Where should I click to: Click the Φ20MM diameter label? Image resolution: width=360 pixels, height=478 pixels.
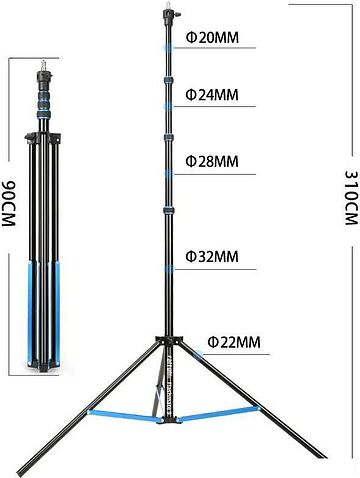click(212, 38)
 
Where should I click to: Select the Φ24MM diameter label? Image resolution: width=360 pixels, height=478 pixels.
click(212, 95)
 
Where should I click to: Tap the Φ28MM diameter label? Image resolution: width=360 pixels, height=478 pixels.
click(212, 161)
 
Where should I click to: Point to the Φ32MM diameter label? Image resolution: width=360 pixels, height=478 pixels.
click(212, 257)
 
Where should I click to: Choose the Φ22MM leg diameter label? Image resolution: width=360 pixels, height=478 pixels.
click(234, 342)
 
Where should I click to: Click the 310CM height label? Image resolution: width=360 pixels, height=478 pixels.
click(352, 198)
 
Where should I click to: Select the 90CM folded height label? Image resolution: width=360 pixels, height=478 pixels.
click(8, 204)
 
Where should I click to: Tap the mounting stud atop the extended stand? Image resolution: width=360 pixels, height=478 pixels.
click(168, 6)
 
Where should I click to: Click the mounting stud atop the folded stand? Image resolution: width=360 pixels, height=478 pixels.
click(43, 65)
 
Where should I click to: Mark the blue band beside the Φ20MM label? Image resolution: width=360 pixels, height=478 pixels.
click(168, 48)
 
